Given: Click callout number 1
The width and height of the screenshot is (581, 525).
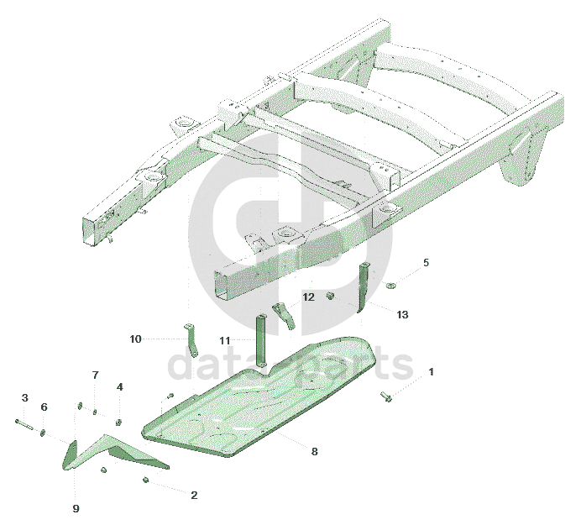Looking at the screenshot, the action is pos(431,372).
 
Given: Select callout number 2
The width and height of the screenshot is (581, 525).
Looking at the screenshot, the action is pos(194,496).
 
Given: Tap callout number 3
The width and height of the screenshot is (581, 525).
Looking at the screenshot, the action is pos(25,398).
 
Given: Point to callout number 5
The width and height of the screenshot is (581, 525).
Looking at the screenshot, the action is pos(426,262).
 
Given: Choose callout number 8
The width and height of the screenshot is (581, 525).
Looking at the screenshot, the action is pos(314,451).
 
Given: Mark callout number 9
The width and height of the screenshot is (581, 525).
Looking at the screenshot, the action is pos(76,509).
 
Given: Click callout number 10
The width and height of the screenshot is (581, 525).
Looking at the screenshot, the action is pos(136,339).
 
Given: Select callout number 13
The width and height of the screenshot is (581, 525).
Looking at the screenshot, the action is pos(402,315).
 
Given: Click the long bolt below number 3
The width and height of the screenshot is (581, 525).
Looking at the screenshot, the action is pos(24,424).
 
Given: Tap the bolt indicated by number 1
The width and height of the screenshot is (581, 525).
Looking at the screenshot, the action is pos(386,396).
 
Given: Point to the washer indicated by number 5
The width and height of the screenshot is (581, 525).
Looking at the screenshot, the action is pos(390,285).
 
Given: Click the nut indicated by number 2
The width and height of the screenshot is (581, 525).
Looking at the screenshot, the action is pos(145,480).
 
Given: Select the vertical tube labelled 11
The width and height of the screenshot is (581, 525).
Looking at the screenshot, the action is pos(261,340).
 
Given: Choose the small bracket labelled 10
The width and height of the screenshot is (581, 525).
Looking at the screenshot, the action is pos(191,340).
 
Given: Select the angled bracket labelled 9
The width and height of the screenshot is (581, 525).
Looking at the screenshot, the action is pos(111,451).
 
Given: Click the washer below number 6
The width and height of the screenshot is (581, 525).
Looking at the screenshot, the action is pos(43,433).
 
